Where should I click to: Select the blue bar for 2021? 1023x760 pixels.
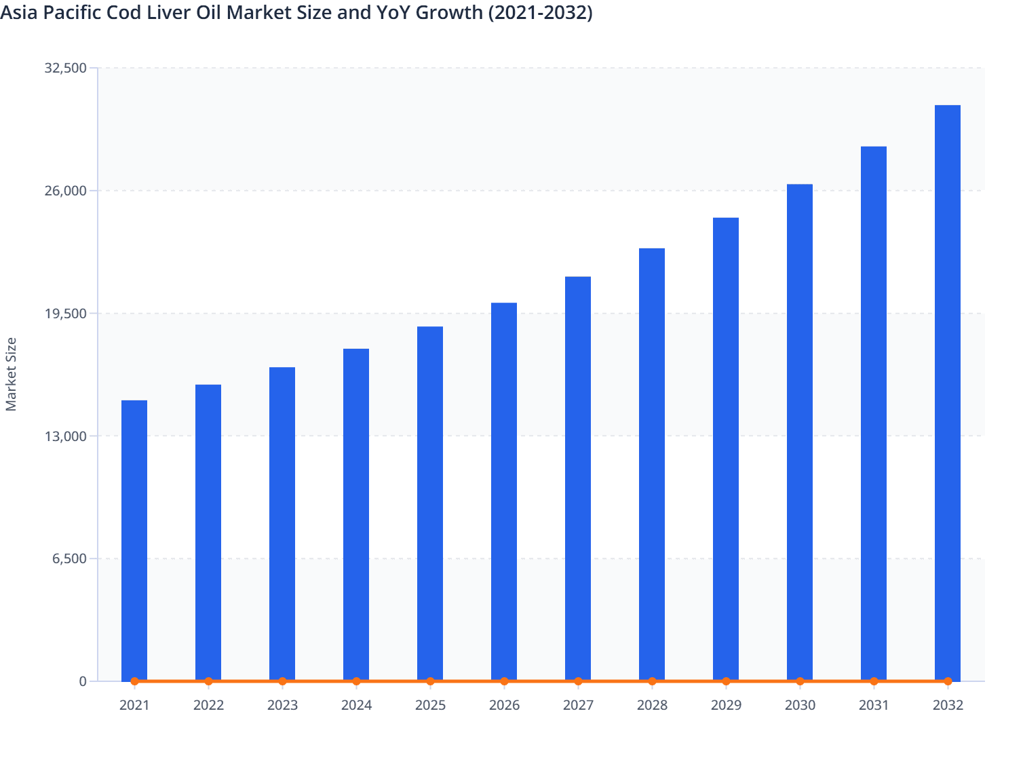pyautogui.click(x=134, y=540)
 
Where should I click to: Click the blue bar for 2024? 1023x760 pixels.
pyautogui.click(x=356, y=514)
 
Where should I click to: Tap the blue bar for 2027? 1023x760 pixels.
pyautogui.click(x=578, y=478)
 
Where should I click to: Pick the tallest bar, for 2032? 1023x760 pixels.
pyautogui.click(x=948, y=393)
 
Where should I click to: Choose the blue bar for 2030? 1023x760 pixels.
pyautogui.click(x=800, y=432)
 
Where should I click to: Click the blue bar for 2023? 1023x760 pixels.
pyautogui.click(x=282, y=524)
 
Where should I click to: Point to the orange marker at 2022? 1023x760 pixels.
pyautogui.click(x=208, y=681)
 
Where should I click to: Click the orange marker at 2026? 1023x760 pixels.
pyautogui.click(x=504, y=681)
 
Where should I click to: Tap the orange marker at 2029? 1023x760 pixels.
pyautogui.click(x=726, y=681)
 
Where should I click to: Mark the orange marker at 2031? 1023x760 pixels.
pyautogui.click(x=874, y=681)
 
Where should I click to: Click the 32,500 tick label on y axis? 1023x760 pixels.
pyautogui.click(x=65, y=68)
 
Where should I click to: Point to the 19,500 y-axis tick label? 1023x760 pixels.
pyautogui.click(x=65, y=313)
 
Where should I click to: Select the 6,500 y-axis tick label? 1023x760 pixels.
pyautogui.click(x=69, y=559)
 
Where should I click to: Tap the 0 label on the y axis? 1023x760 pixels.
pyautogui.click(x=83, y=681)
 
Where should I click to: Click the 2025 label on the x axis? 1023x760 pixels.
pyautogui.click(x=430, y=705)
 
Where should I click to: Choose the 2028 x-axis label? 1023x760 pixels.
pyautogui.click(x=652, y=705)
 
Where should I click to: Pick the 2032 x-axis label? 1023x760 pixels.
pyautogui.click(x=948, y=705)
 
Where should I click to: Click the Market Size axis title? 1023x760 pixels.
pyautogui.click(x=11, y=374)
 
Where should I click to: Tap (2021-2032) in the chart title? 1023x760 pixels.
pyautogui.click(x=539, y=12)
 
